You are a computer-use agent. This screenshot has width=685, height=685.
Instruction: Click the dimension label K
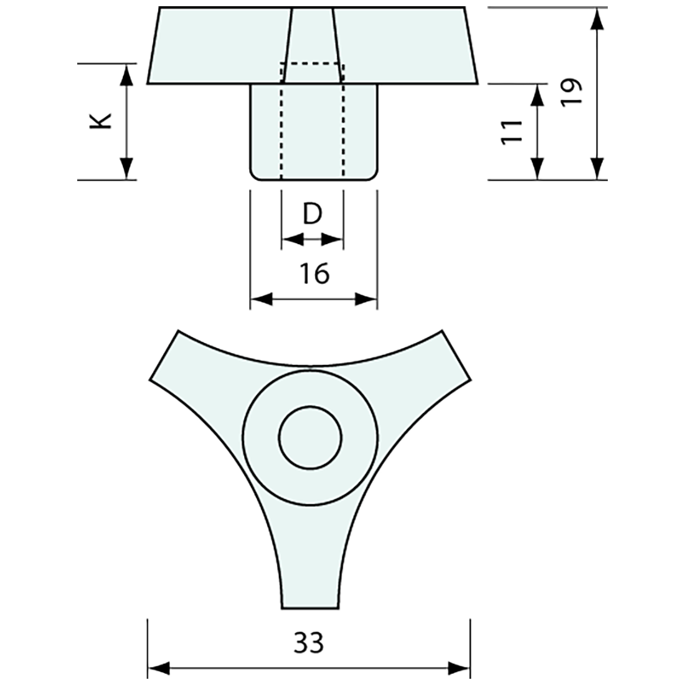click(102, 121)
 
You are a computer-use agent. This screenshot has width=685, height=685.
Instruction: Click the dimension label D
click(312, 214)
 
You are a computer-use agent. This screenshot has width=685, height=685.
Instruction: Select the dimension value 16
click(314, 273)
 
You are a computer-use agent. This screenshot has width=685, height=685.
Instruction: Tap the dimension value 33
click(309, 642)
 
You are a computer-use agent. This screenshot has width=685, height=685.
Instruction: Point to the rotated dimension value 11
click(513, 132)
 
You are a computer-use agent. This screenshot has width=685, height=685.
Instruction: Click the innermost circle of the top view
click(310, 438)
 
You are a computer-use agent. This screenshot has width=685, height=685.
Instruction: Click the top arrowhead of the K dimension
click(126, 73)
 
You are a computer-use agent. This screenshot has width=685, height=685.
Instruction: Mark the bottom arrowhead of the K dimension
click(126, 169)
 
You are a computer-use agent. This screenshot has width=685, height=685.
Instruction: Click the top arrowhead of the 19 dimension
click(597, 19)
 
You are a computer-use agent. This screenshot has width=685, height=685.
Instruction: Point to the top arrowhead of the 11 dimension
click(537, 95)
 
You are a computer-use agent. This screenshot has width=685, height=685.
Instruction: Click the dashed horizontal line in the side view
click(312, 64)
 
